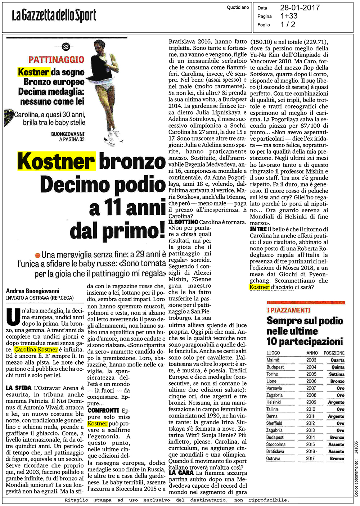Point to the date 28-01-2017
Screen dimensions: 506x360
pyautogui.click(x=300, y=8)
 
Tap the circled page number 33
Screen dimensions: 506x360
pyautogui.click(x=66, y=46)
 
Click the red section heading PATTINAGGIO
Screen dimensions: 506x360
pyautogui.click(x=56, y=60)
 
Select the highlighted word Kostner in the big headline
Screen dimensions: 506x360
pyautogui.click(x=56, y=161)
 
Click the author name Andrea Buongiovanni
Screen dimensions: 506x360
pyautogui.click(x=33, y=291)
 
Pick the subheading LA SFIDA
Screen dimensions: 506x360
pyautogui.click(x=19, y=388)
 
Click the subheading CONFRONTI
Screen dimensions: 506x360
pyautogui.click(x=103, y=410)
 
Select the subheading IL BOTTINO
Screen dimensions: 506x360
pyautogui.click(x=183, y=222)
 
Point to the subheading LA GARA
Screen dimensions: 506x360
pyautogui.click(x=181, y=473)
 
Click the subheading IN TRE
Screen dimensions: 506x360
pyautogui.click(x=258, y=229)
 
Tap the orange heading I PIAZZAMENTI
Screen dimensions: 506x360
pyautogui.click(x=288, y=310)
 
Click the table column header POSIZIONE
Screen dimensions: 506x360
pyautogui.click(x=334, y=353)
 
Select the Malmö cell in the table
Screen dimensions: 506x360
pyautogui.click(x=273, y=360)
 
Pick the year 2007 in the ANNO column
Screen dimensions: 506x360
pyautogui.click(x=311, y=388)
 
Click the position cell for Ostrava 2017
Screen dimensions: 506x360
pyautogui.click(x=337, y=458)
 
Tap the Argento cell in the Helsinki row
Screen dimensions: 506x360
pyautogui.click(x=336, y=402)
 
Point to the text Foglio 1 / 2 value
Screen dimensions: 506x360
pyautogui.click(x=288, y=24)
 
